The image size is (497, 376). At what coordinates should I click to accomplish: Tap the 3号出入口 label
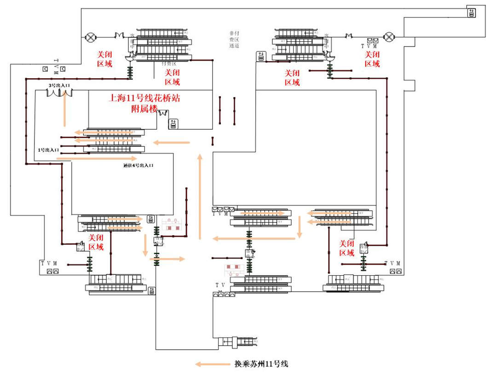[x=59, y=86]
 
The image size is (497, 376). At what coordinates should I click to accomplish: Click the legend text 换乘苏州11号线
[x=259, y=364]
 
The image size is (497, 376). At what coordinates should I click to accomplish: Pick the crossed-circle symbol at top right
[x=390, y=36]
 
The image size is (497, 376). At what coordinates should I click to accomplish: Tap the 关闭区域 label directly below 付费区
[x=172, y=78]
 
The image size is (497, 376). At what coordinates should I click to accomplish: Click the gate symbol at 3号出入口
[x=59, y=93]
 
